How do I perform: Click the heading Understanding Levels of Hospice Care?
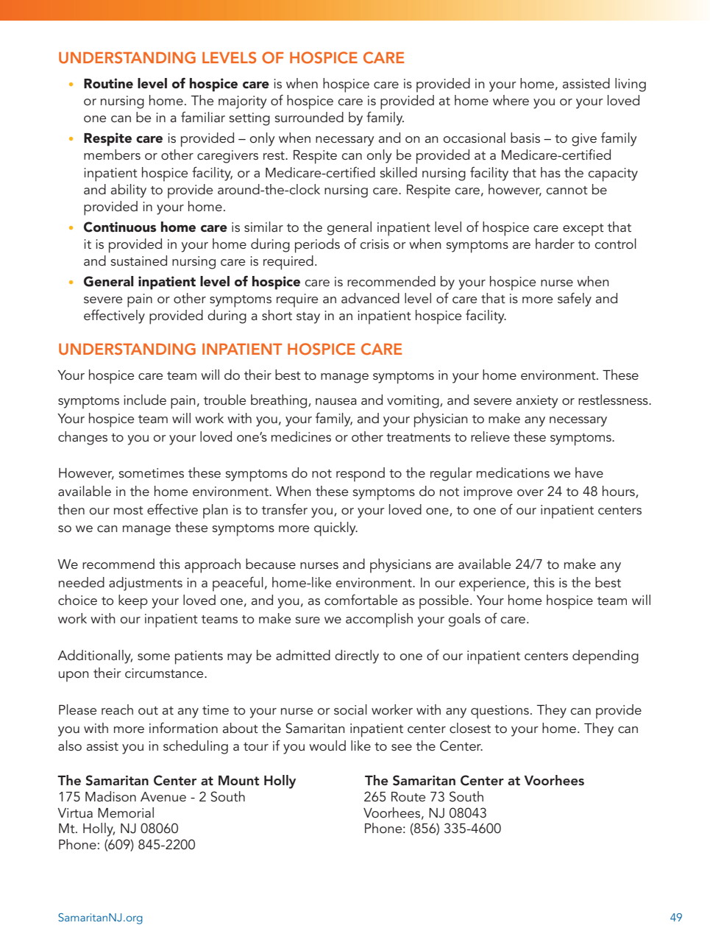(x=231, y=58)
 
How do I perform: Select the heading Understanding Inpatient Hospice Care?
(x=230, y=350)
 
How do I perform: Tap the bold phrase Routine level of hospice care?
(x=176, y=84)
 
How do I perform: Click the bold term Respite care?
(x=123, y=138)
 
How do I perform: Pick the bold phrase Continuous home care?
(x=155, y=227)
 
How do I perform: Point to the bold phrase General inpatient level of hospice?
(x=191, y=282)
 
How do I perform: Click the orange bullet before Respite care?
(x=71, y=139)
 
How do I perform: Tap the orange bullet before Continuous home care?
(x=71, y=228)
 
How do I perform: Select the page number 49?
(x=675, y=918)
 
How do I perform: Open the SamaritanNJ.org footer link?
(x=100, y=918)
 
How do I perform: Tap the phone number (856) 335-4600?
(x=455, y=829)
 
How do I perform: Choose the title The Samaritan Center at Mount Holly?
(x=177, y=781)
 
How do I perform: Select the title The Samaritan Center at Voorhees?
(x=475, y=781)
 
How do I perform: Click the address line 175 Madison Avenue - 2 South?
(x=152, y=797)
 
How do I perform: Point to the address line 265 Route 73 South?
(x=424, y=797)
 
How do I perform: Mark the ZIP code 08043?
(x=467, y=813)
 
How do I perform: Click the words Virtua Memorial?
(x=106, y=813)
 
